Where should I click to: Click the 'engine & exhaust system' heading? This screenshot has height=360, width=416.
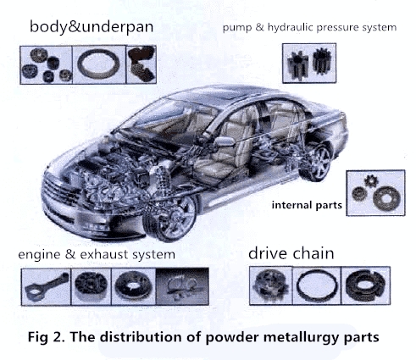(x=97, y=254)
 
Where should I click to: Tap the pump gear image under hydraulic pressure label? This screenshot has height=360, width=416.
(x=308, y=62)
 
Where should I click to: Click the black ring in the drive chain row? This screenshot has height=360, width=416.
(x=316, y=286)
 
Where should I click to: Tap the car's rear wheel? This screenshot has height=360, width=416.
(x=317, y=163)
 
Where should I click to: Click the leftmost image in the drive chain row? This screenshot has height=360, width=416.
(x=269, y=286)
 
